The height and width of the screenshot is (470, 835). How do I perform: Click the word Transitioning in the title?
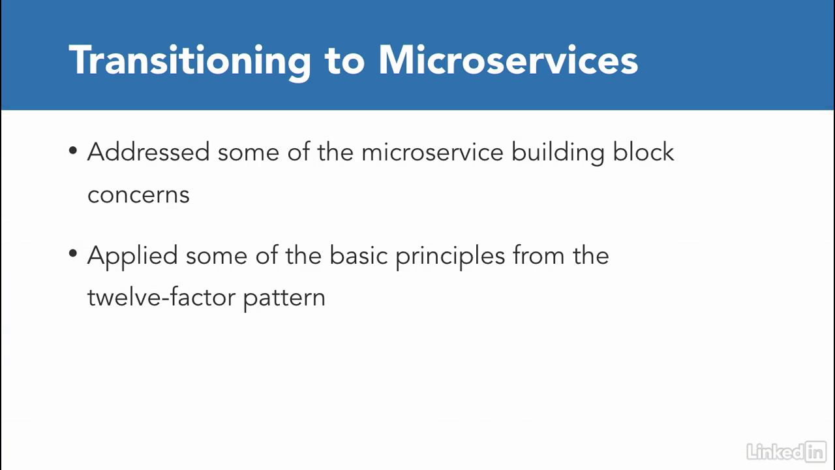tap(190, 61)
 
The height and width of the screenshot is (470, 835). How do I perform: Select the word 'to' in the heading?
tap(344, 61)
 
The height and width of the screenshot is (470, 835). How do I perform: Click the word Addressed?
tap(148, 152)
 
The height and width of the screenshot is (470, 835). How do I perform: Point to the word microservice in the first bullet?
tap(433, 152)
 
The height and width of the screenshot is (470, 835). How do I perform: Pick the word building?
tap(558, 153)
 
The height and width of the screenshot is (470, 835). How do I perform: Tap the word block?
tap(643, 151)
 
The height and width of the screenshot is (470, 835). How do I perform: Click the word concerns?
tap(138, 195)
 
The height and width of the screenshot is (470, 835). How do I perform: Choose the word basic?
tap(359, 255)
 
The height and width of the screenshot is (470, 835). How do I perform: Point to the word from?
tap(539, 255)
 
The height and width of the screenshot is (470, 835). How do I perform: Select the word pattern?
tap(284, 299)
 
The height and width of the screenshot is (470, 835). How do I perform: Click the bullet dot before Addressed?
tap(73, 150)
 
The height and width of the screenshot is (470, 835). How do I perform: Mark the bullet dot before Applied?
tap(73, 253)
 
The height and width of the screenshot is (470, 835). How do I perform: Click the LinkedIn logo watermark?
tap(787, 452)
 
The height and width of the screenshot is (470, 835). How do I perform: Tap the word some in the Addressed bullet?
tap(249, 153)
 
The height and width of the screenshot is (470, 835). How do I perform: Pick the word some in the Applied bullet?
tap(217, 257)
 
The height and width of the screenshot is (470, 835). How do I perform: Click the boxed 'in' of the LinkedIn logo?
tap(815, 452)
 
